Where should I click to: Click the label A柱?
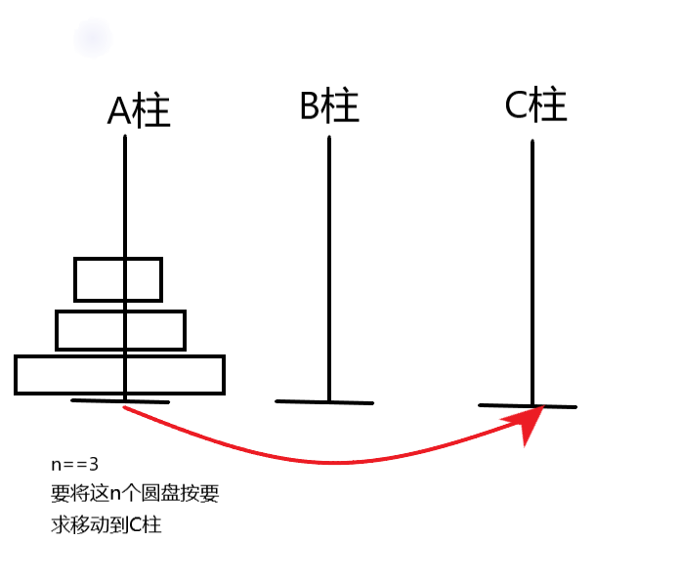[x=138, y=111]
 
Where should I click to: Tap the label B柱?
[x=329, y=105]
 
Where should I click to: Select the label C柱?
[x=535, y=104]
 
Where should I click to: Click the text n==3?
[x=75, y=464]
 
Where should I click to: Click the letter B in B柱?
[x=311, y=105]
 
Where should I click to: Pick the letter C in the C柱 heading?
[x=517, y=104]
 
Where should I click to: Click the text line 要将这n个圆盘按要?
[x=134, y=494]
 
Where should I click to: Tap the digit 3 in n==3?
[x=94, y=464]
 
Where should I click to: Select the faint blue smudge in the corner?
[x=93, y=39]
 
